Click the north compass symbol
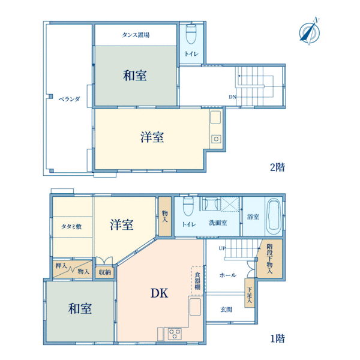tap(310, 32)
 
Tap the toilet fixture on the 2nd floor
tap(191, 34)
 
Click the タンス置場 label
tap(136, 35)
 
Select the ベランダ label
tap(69, 99)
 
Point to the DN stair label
tap(232, 97)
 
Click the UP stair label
tap(222, 248)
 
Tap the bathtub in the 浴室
tap(274, 216)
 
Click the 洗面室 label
tap(218, 223)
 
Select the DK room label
tap(159, 293)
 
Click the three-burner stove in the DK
tap(175, 334)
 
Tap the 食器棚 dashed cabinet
tap(197, 281)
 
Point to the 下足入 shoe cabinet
tap(250, 293)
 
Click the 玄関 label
tap(226, 310)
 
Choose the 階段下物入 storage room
tap(269, 259)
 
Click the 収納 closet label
tap(104, 272)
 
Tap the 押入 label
tap(61, 266)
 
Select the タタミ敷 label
tap(71, 227)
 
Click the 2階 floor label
tap(277, 167)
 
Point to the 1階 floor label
tap(278, 338)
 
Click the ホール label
tap(228, 275)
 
